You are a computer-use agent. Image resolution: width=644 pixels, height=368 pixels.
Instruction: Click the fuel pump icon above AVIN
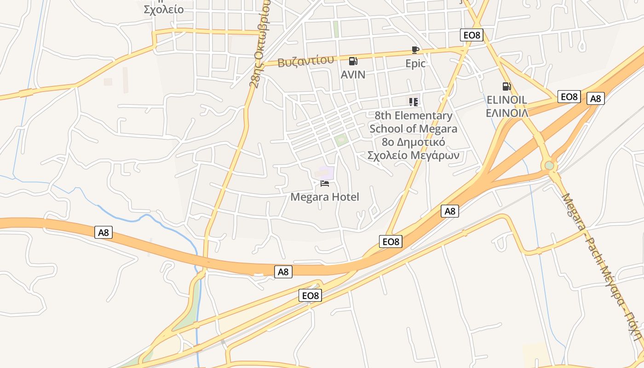pyautogui.click(x=353, y=61)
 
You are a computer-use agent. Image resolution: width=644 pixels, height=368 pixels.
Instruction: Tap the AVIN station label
pyautogui.click(x=353, y=75)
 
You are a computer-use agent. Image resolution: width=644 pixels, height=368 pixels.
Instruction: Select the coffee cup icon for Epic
pyautogui.click(x=415, y=50)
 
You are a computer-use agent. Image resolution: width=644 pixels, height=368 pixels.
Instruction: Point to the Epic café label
pyautogui.click(x=415, y=63)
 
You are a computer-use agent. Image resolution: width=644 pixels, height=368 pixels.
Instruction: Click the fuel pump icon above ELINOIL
pyautogui.click(x=506, y=86)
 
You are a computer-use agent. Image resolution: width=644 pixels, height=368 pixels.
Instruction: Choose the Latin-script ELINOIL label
pyautogui.click(x=506, y=100)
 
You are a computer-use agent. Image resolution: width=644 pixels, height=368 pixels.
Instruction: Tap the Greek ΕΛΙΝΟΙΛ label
pyautogui.click(x=506, y=113)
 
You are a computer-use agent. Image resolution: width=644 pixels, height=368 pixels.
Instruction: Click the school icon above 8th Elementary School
pyautogui.click(x=414, y=102)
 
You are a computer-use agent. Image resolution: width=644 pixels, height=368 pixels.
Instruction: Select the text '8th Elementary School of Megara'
pyautogui.click(x=413, y=122)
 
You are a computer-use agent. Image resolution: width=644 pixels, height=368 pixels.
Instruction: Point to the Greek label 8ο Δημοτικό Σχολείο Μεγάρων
pyautogui.click(x=413, y=149)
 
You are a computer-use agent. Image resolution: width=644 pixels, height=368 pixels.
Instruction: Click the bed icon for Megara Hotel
pyautogui.click(x=325, y=184)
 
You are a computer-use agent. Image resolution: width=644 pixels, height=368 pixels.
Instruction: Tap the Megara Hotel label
pyautogui.click(x=325, y=197)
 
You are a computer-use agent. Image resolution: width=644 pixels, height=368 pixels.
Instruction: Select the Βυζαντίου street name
pyautogui.click(x=305, y=61)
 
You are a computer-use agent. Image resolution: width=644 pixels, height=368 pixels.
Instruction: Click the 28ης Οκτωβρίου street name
pyautogui.click(x=260, y=44)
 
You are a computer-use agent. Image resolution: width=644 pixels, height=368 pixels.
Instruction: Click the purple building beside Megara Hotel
pyautogui.click(x=326, y=173)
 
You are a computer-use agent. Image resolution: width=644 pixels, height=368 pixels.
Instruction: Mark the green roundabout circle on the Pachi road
pyautogui.click(x=549, y=165)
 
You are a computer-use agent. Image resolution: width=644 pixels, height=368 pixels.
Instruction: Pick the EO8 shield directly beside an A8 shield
pyautogui.click(x=569, y=97)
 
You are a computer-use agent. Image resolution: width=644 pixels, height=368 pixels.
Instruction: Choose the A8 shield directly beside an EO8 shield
pyautogui.click(x=596, y=98)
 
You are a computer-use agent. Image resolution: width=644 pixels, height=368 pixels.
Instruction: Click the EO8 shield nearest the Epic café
pyautogui.click(x=471, y=35)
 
